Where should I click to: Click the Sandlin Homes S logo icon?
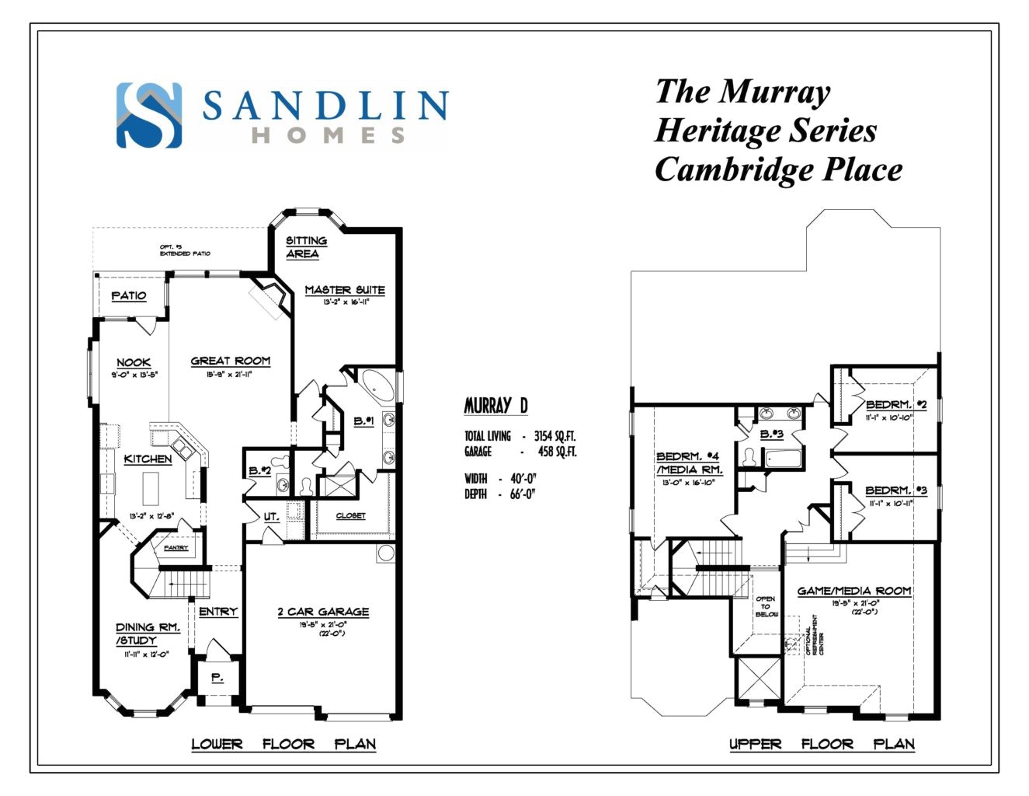(149, 115)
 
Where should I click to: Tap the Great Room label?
(231, 361)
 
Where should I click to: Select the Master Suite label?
(345, 289)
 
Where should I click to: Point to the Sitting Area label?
(306, 247)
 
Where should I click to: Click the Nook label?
(134, 362)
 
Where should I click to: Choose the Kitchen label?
(148, 459)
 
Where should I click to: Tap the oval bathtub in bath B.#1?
(378, 386)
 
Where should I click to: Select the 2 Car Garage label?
(323, 612)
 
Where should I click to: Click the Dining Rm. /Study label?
(148, 634)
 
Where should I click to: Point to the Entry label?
(218, 612)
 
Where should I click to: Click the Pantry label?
(176, 548)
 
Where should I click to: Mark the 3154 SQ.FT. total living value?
(554, 436)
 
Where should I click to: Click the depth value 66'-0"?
(523, 494)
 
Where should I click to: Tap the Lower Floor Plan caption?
(283, 744)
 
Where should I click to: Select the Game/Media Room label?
(854, 591)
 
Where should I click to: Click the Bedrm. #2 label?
(895, 404)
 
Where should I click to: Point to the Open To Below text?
(766, 606)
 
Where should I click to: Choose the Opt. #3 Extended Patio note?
(185, 250)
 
